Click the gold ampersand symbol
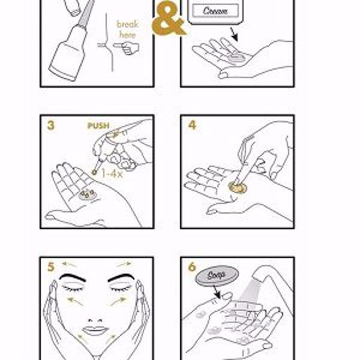169,19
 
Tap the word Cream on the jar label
215,11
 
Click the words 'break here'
127,29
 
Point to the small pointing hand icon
126,48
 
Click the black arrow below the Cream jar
234,34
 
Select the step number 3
51,125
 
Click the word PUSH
98,125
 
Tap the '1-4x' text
112,174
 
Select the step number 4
192,125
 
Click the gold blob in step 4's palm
238,187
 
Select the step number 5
51,267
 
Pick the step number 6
192,267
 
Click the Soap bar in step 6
217,276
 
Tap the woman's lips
95,331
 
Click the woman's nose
95,320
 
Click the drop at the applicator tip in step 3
94,172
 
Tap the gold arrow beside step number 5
69,265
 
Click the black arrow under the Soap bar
217,292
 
